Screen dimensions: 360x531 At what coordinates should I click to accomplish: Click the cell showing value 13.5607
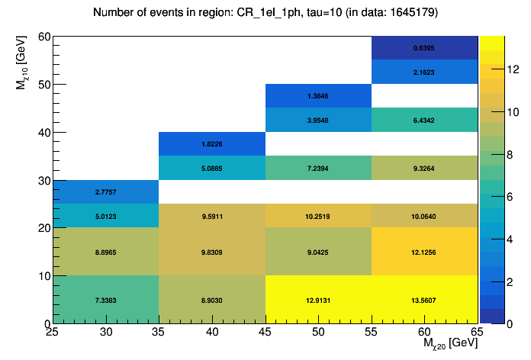click(x=424, y=300)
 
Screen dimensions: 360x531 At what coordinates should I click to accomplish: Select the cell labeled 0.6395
click(x=424, y=47)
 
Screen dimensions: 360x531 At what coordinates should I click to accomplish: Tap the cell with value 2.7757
click(x=105, y=191)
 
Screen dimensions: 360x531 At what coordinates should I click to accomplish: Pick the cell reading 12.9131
click(x=318, y=300)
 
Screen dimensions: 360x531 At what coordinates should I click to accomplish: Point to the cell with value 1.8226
click(x=211, y=143)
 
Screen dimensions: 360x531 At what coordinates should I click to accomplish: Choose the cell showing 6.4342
click(x=424, y=120)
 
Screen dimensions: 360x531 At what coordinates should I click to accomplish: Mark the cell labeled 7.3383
click(x=105, y=300)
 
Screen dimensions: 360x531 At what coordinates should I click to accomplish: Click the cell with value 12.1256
click(x=424, y=252)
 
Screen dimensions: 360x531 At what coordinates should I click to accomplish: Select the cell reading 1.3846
click(x=318, y=95)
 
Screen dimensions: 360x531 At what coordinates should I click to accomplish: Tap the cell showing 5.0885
click(x=211, y=167)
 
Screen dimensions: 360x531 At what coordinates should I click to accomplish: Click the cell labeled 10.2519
click(x=318, y=216)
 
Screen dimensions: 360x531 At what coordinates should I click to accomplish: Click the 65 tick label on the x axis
click(x=478, y=333)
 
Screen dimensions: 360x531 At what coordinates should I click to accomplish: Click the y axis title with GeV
click(x=22, y=66)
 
